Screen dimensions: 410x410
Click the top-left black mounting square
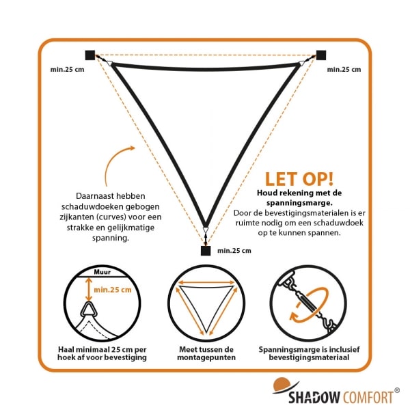90,55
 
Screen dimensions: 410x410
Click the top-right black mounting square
321,55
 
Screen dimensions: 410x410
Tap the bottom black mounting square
206,250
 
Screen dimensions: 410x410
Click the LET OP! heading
299,180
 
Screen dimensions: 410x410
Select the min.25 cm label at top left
67,69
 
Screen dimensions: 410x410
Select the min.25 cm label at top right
344,69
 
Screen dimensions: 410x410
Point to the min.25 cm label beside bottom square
234,251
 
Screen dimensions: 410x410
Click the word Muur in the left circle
102,273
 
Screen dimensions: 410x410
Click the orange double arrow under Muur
87,289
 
